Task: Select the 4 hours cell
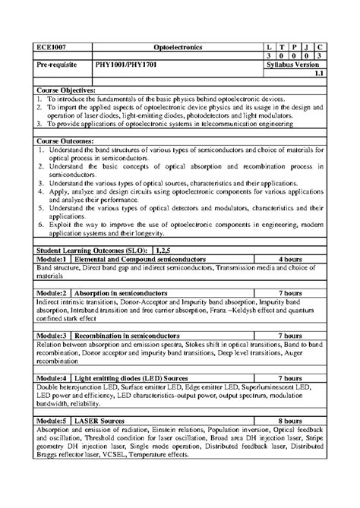pyautogui.click(x=291, y=258)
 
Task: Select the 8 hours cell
pyautogui.click(x=291, y=419)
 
